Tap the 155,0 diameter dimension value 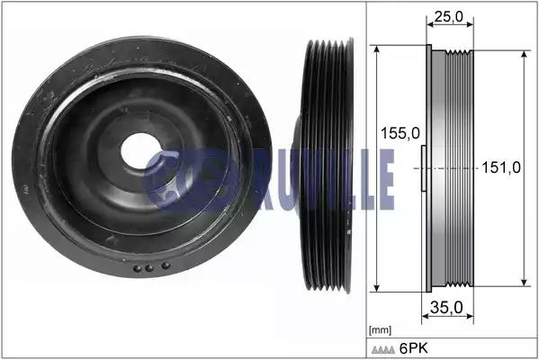pos(400,133)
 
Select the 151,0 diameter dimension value pos(501,167)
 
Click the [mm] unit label pos(380,330)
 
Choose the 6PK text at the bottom pos(414,348)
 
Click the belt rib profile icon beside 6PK pos(383,350)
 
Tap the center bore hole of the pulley pos(139,151)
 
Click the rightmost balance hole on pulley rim pos(166,265)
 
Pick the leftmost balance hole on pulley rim pos(137,268)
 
